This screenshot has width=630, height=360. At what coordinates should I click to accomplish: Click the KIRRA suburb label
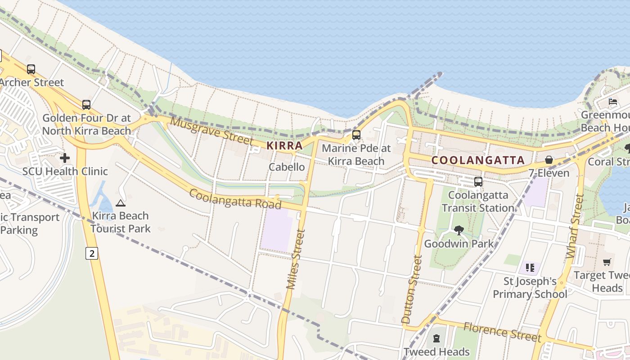pos(284,146)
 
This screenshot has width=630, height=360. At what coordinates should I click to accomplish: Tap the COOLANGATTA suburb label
pos(478,160)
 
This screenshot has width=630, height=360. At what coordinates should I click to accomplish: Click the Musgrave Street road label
pos(211,131)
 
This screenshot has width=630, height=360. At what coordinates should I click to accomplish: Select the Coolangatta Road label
pos(235,199)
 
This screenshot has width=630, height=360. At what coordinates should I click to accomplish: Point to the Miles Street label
pos(296,259)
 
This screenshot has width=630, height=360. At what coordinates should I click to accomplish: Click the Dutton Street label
pos(412,289)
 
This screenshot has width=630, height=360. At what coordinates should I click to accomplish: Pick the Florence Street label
pos(502,332)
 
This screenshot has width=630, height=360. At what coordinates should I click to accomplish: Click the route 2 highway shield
pos(92,254)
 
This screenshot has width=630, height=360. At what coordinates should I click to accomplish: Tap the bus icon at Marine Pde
pos(356,135)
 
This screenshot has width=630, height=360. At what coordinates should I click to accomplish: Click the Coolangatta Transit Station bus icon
pos(478,182)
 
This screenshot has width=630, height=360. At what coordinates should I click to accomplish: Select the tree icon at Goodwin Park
pos(459,230)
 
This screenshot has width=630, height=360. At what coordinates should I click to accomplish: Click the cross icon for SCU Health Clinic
pos(65,158)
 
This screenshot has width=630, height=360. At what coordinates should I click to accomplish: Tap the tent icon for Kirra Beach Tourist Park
pos(120,203)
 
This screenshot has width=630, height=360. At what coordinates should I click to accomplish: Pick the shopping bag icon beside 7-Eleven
pos(549,160)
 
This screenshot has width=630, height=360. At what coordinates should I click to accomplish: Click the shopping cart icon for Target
pos(607,262)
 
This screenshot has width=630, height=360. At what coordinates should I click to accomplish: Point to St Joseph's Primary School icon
pos(530,268)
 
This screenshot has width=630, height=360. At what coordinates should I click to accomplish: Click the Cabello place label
pos(287,167)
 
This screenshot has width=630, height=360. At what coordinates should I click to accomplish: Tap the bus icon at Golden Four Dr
pos(86,105)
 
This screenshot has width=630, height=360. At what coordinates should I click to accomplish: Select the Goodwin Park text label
pos(459,244)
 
